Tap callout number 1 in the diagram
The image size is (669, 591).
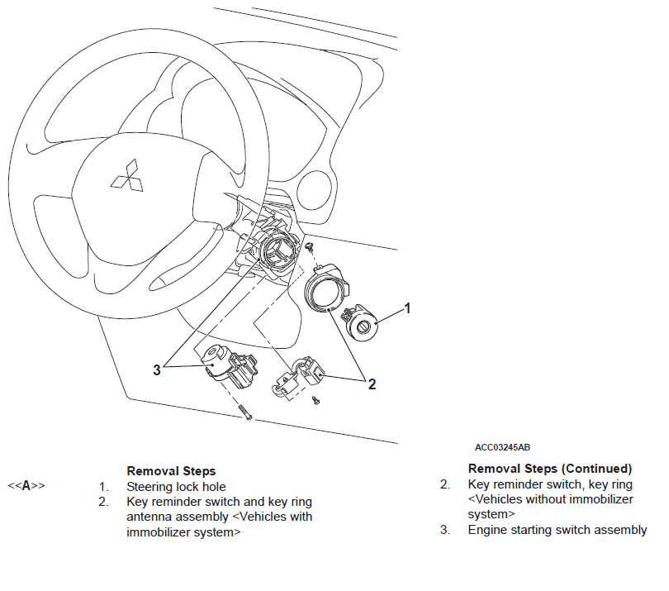tap(406, 309)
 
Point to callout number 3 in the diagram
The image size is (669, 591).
tap(157, 369)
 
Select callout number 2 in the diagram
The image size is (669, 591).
tap(372, 384)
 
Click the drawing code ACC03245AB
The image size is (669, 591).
tap(502, 447)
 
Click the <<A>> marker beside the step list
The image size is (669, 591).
tap(26, 486)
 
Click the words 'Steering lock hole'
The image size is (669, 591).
tap(176, 487)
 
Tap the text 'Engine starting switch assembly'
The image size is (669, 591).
tap(557, 530)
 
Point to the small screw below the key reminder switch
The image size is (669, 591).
tap(316, 401)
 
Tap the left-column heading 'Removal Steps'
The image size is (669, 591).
tap(171, 471)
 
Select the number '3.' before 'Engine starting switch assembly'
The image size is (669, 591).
tap(444, 530)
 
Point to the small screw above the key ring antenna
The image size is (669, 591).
tap(308, 246)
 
